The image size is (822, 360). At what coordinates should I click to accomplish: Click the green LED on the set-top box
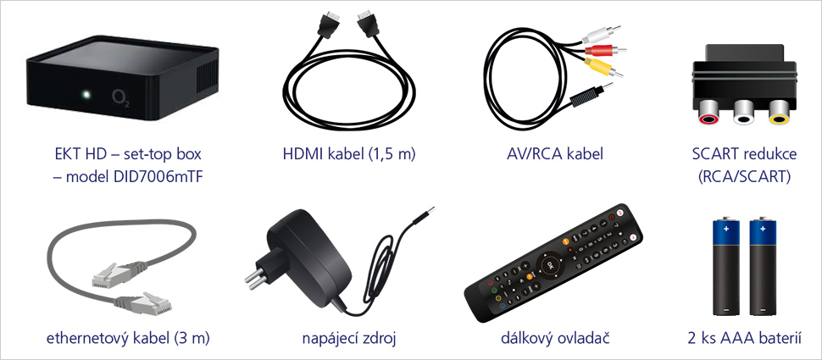85,94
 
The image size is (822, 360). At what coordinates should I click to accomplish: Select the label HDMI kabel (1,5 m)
348,155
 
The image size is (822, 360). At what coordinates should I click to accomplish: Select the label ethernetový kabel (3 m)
127,338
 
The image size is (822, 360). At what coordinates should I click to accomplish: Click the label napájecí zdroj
348,338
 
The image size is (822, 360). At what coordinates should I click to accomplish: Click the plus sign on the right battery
764,229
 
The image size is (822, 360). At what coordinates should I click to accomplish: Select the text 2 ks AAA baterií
746,338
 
